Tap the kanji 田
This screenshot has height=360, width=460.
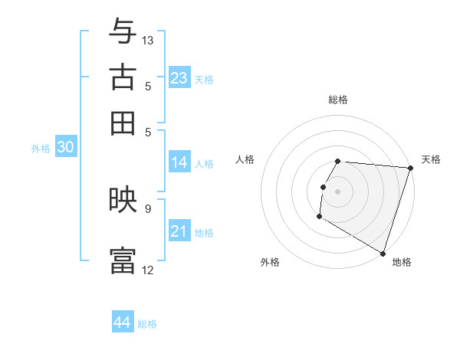pos(123,123)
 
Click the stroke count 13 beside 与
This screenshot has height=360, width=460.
pos(148,40)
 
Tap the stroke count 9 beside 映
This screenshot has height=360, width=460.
pos(148,208)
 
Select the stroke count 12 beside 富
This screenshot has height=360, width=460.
pos(148,270)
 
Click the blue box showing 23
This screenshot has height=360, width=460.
pos(179,78)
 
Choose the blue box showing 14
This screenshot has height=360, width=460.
pos(179,162)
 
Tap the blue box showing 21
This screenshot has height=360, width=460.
pos(179,231)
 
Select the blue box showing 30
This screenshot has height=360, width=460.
pos(65,148)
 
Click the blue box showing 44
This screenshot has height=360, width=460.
pos(123,322)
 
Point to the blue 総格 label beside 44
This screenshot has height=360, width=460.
pos(147,324)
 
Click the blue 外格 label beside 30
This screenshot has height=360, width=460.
pos(41,149)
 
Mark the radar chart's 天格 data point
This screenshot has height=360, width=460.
pos(410,169)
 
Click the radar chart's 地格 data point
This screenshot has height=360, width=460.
pos(383,253)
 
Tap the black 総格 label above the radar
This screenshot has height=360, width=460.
pos(338,100)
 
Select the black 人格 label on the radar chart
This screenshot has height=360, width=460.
pos(245,159)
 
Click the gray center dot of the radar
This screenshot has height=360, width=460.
pos(338,191)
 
